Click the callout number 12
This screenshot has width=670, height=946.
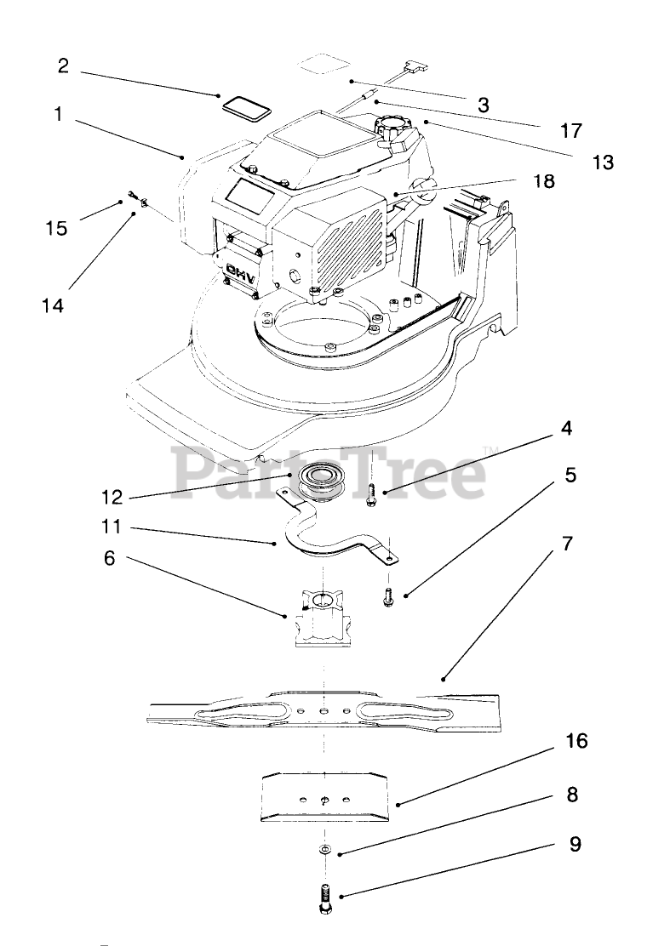(x=112, y=496)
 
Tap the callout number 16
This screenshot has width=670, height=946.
(x=576, y=741)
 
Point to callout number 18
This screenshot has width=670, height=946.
(x=542, y=181)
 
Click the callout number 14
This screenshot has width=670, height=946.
(x=53, y=305)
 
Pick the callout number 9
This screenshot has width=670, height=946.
(x=576, y=845)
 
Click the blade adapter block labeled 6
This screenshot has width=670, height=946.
(x=323, y=622)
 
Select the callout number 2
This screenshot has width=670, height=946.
(x=63, y=65)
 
